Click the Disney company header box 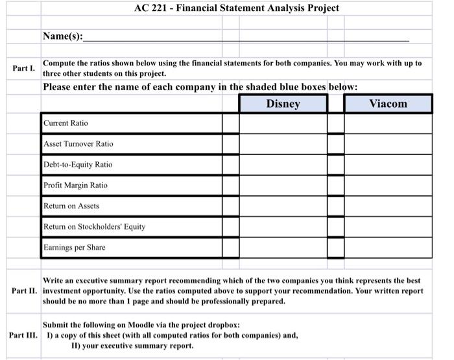click(x=283, y=104)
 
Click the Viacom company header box click(x=388, y=104)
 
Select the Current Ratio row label click(x=66, y=123)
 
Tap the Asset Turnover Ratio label click(x=78, y=144)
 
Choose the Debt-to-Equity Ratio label click(x=78, y=165)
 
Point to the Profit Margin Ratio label click(x=75, y=186)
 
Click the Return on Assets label click(x=71, y=206)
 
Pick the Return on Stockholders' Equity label click(x=94, y=227)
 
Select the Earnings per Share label click(x=74, y=248)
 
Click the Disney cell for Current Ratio click(x=283, y=123)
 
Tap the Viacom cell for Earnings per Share click(x=388, y=248)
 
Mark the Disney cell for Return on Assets click(x=283, y=206)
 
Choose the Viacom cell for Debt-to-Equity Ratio click(x=388, y=165)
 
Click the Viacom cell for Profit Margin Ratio click(x=388, y=186)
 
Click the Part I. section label click(x=23, y=68)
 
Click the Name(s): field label click(x=63, y=36)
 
